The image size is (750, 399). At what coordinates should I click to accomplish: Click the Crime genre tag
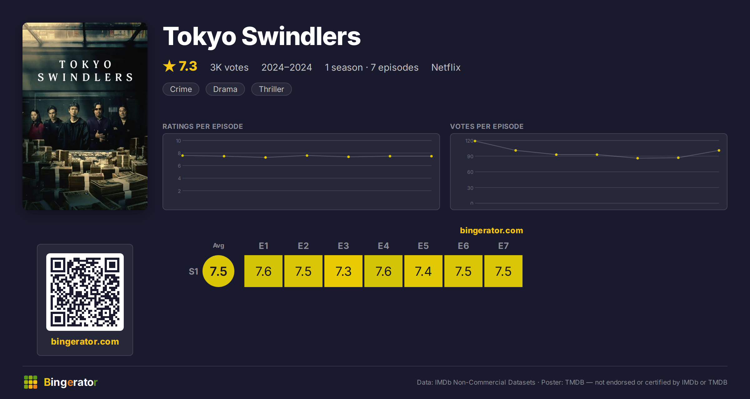coord(181,89)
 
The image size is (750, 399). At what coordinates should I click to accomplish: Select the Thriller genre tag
coord(271,89)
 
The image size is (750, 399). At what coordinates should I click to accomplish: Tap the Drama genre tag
coord(225,89)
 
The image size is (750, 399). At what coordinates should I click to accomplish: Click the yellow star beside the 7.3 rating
coord(169,66)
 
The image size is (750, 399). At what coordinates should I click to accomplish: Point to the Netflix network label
coord(446,67)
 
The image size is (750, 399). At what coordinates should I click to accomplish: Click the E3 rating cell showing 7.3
coord(343,271)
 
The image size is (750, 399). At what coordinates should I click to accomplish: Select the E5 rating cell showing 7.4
coord(423,271)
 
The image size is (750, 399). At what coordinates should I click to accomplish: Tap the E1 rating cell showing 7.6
coord(263,271)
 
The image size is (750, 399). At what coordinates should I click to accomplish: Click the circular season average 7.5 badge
coord(218,271)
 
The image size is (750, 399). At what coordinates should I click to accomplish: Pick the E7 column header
coord(503,246)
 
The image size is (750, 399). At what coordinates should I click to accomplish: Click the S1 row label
coord(193,271)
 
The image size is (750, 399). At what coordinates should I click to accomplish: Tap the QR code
coord(85,292)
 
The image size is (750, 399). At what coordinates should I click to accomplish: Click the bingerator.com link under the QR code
coord(85,341)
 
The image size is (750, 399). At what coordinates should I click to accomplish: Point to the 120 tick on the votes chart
coord(469,141)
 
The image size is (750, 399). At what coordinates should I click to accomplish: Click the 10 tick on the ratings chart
coord(178,141)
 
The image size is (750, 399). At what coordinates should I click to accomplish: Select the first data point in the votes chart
coord(475,141)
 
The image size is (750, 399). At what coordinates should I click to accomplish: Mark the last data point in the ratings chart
coord(432,156)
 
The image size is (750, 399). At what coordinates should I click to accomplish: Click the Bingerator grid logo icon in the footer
coord(31,382)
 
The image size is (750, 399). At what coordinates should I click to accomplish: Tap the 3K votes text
coord(229,67)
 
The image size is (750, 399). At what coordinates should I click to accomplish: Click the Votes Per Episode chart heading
coord(487,126)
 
